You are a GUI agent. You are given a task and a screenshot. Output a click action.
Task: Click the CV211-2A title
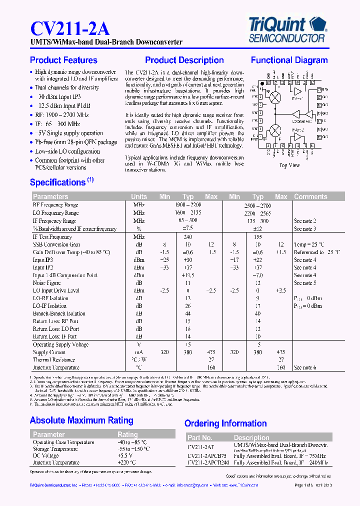tap(70, 27)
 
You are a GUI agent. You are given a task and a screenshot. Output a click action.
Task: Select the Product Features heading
tap(63, 60)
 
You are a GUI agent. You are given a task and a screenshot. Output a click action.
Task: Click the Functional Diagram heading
tap(289, 60)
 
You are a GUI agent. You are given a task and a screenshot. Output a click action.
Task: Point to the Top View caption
tap(289, 165)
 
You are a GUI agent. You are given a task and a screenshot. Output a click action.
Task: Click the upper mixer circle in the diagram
tap(275, 98)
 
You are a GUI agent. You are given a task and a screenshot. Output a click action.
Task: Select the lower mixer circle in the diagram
tap(275, 131)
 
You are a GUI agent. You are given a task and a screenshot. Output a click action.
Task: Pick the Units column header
tap(139, 196)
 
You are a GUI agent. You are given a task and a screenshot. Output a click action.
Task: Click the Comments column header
tap(310, 196)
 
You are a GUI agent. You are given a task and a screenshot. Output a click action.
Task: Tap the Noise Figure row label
tap(46, 283)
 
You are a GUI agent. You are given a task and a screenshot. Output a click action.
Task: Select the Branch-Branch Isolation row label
tap(59, 313)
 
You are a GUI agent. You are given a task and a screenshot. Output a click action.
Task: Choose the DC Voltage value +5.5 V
tap(125, 456)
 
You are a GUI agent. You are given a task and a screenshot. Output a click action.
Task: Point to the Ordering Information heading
tap(225, 423)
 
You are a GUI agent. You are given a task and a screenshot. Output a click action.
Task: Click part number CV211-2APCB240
tap(207, 463)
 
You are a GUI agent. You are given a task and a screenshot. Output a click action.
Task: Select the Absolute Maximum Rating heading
tap(81, 420)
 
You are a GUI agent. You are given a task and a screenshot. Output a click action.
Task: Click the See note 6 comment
tap(305, 367)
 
